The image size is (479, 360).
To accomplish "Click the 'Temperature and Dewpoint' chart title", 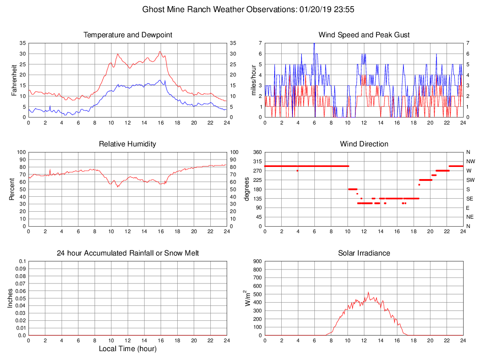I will pyautogui.click(x=127, y=35).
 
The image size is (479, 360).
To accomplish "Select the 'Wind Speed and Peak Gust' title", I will pyautogui.click(x=364, y=35).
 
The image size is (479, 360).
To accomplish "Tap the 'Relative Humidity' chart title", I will pyautogui.click(x=127, y=144).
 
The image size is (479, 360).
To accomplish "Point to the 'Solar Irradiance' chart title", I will pyautogui.click(x=364, y=253).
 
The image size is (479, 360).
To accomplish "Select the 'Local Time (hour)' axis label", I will pyautogui.click(x=127, y=349).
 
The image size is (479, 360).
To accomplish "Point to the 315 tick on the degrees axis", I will pyautogui.click(x=257, y=161).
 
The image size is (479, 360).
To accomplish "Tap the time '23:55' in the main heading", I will pyautogui.click(x=344, y=9).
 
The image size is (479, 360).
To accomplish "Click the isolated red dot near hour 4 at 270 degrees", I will pyautogui.click(x=298, y=171).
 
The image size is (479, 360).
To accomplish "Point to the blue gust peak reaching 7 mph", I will pyautogui.click(x=314, y=43).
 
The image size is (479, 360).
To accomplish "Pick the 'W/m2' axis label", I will pyautogui.click(x=248, y=298).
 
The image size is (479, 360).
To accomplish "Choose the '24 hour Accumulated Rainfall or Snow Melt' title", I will pyautogui.click(x=127, y=253).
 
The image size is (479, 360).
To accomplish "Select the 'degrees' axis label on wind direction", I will pyautogui.click(x=247, y=189).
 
